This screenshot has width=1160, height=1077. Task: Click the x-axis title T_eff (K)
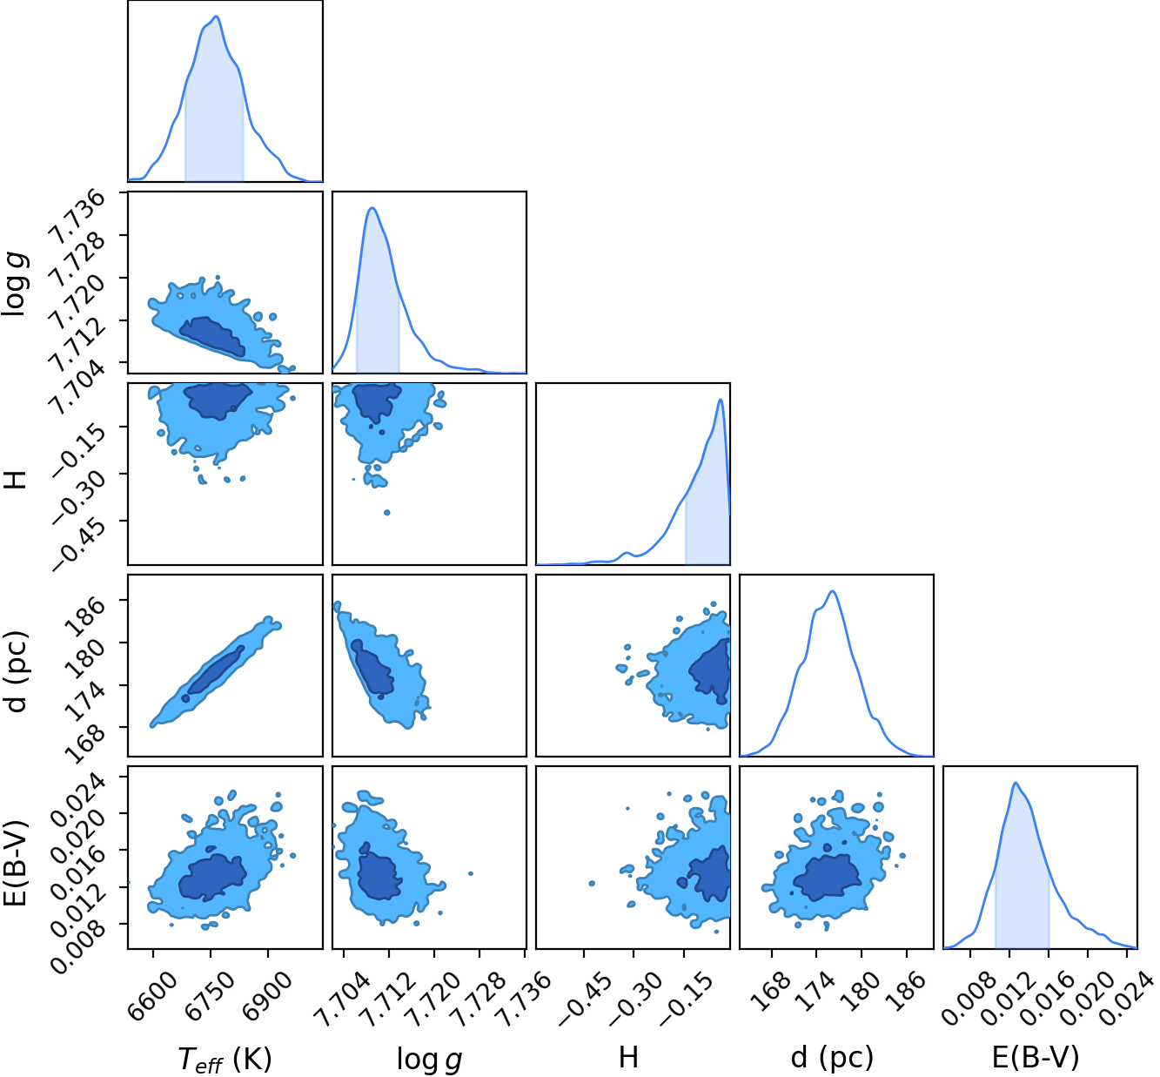(x=225, y=1059)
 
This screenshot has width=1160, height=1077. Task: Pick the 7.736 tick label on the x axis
(x=526, y=994)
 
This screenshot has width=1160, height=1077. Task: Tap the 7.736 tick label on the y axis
(x=77, y=218)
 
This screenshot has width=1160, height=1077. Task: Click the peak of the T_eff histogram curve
(x=217, y=17)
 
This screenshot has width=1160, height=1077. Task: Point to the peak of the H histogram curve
(x=721, y=400)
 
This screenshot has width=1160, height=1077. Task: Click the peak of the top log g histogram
(x=372, y=208)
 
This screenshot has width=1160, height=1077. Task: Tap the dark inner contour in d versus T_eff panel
(x=214, y=671)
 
